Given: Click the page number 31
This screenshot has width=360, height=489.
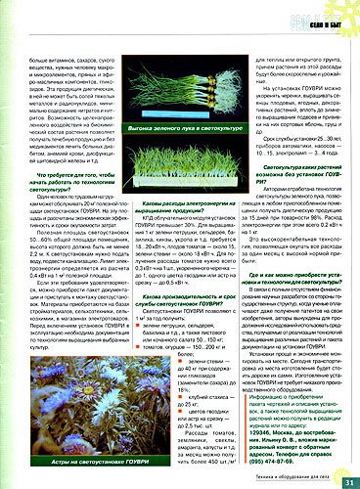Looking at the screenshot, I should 348,478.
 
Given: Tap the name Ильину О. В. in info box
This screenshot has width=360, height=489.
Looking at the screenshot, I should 275,442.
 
